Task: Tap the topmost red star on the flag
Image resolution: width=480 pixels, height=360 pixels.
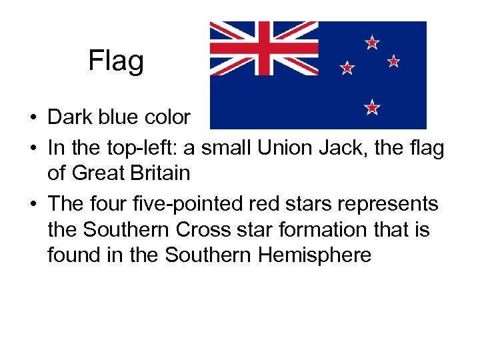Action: [372, 43]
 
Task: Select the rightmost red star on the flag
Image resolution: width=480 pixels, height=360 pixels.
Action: [393, 61]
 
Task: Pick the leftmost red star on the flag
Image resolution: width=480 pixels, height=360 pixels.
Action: [347, 67]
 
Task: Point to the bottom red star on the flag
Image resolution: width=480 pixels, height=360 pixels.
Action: [372, 107]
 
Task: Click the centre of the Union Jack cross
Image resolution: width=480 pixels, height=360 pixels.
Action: [265, 48]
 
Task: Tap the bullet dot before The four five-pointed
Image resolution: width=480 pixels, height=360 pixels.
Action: [32, 203]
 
